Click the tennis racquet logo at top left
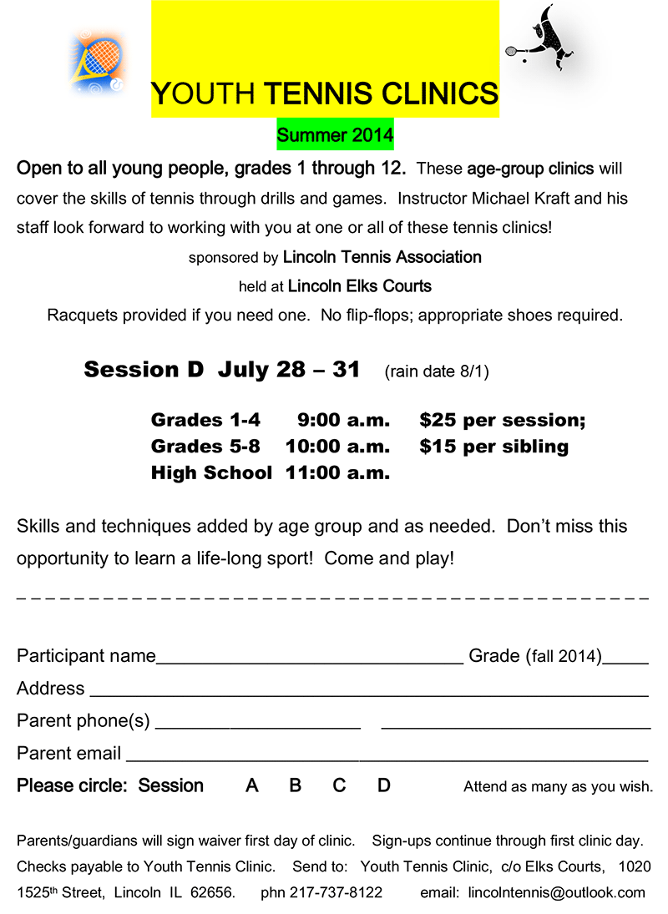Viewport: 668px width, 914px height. pos(97,60)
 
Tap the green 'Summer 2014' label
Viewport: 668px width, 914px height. pos(335,134)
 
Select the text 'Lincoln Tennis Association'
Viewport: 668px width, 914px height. pos(382,257)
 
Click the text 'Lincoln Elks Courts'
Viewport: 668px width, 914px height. pos(359,286)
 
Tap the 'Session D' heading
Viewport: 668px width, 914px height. pos(144,370)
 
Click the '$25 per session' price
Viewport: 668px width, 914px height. pos(502,420)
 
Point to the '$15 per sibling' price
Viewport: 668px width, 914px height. pos(493,447)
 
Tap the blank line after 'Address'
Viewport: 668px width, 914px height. pos(367,692)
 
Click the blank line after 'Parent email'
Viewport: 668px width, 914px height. pos(386,757)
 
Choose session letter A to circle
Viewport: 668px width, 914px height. pos(252,785)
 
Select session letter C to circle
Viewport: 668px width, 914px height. pos(339,785)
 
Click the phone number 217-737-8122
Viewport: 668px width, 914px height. pos(336,892)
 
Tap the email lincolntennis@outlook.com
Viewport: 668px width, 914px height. pos(557,892)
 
